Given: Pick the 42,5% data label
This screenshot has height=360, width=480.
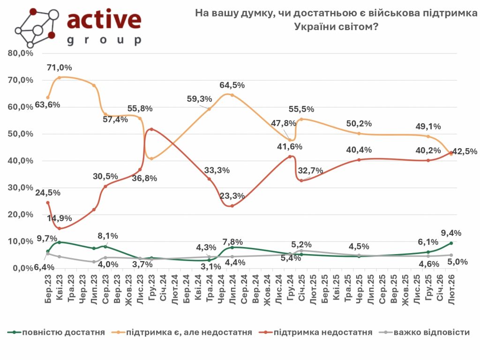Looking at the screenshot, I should click(465, 151).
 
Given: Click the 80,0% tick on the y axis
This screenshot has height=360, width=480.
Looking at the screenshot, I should click(21, 53).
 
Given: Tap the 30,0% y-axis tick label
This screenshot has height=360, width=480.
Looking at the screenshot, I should click(21, 187).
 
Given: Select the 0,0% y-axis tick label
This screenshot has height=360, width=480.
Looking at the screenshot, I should click(22, 268).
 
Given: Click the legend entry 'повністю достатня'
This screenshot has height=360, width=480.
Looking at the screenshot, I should click(56, 332).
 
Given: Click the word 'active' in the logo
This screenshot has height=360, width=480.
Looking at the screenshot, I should click(104, 20).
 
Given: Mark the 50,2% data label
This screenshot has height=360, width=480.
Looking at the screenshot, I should click(360, 124).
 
